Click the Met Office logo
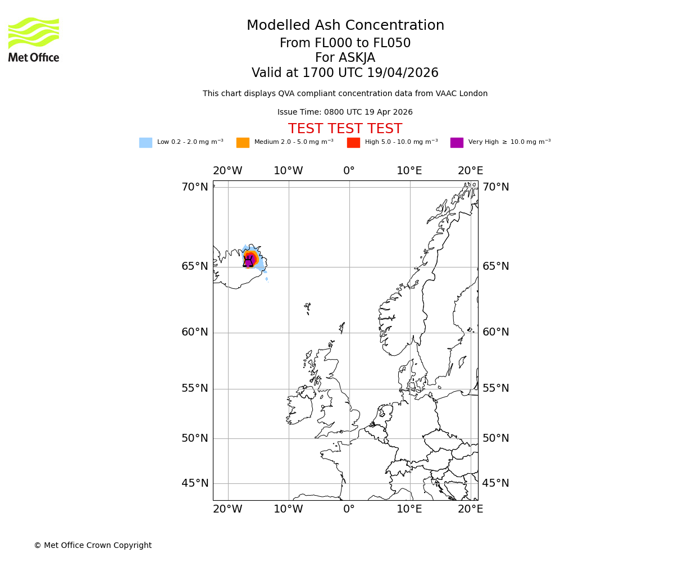point(34,39)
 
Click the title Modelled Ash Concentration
point(345,26)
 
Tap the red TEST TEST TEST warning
point(345,129)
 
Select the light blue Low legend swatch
point(145,143)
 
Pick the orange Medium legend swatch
point(243,143)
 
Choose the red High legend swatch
point(353,143)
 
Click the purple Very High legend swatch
point(457,143)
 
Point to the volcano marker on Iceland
point(248,261)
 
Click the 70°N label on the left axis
point(194,187)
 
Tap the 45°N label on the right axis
point(495,483)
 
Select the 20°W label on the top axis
point(227,171)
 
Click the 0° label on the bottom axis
point(349,509)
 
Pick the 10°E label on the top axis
point(409,171)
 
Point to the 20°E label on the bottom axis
point(470,509)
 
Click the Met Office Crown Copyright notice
point(93,546)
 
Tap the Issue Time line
point(345,112)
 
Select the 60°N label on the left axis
point(194,332)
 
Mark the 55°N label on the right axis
point(495,388)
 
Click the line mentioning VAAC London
point(345,94)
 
